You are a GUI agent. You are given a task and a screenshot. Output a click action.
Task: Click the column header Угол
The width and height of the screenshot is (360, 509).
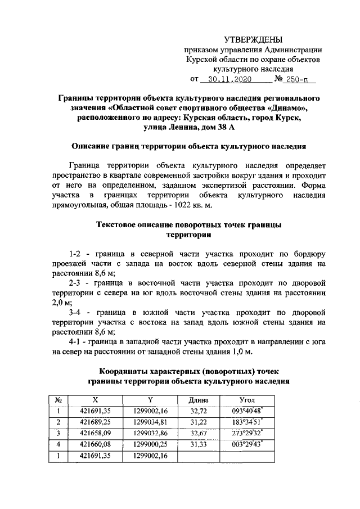pos(247,399)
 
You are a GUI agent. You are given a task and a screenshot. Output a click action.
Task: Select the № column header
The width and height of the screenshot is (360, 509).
pos(58,399)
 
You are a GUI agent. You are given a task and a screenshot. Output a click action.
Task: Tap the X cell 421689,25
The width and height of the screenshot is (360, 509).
pos(96,422)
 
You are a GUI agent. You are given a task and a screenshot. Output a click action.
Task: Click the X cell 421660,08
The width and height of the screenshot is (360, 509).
pos(96,444)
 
